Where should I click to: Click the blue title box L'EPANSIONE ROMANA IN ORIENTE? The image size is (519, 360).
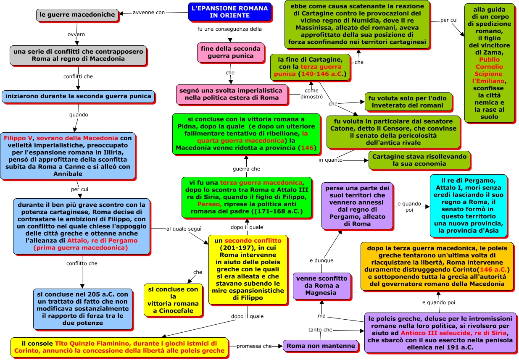coord(229,12)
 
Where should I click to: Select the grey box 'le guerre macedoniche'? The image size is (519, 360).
coord(77,15)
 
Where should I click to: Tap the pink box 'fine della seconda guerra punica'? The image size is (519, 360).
coord(231,53)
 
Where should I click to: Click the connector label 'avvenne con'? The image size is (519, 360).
coord(148,13)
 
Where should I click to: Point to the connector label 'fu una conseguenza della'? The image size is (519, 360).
coord(229,29)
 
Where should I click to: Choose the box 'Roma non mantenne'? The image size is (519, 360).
coord(321,346)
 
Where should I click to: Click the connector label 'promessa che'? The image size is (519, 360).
coord(254,346)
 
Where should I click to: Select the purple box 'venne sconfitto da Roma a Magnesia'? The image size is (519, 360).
coord(321,286)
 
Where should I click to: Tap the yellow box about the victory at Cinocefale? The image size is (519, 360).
coord(173,300)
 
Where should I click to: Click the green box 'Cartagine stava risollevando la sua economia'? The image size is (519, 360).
coord(419,160)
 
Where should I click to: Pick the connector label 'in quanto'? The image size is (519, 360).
coord(330,160)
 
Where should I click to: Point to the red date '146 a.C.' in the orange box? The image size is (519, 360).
coord(493,270)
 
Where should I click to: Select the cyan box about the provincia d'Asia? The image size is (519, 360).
coord(469,206)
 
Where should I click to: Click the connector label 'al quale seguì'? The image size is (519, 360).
coord(184,229)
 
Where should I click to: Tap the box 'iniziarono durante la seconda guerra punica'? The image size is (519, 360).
coord(78,96)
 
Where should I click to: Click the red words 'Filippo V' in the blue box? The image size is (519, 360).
coord(18,138)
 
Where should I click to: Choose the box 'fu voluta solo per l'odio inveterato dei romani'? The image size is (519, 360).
coord(408,102)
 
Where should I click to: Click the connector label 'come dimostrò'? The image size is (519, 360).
coord(311,94)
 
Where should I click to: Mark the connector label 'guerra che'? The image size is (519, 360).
coord(246,169)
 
